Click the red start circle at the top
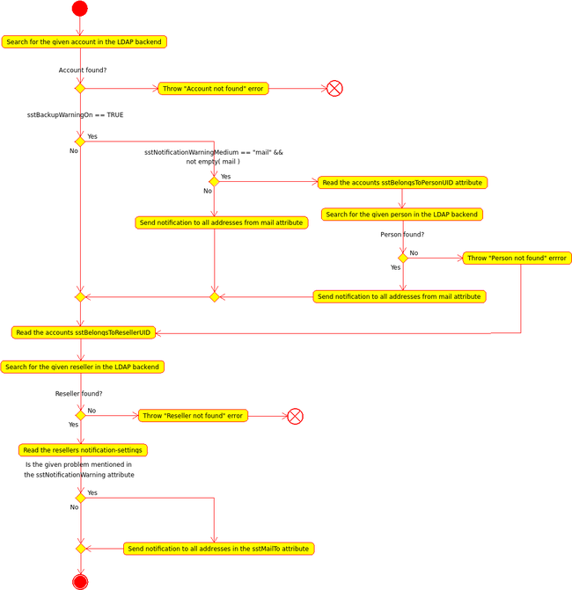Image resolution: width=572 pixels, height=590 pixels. tap(79, 9)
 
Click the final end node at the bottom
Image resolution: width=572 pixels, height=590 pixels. tap(80, 581)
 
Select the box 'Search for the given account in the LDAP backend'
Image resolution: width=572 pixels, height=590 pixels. tap(84, 42)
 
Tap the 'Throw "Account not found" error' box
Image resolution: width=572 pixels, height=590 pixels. tap(213, 89)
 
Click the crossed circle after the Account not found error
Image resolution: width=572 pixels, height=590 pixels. tap(334, 89)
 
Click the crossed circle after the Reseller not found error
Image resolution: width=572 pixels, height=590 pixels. tap(295, 416)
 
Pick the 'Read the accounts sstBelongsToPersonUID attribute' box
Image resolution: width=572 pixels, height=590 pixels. tap(402, 183)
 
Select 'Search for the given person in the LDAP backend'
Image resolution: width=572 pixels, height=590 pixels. tap(402, 215)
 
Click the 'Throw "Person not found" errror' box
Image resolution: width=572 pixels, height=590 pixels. tap(517, 259)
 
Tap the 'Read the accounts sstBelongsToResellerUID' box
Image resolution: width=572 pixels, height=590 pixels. tap(84, 332)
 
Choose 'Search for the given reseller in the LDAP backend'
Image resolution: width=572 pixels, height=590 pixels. tap(83, 367)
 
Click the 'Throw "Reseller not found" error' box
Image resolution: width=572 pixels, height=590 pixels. tap(193, 416)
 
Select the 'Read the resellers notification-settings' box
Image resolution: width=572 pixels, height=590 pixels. tap(83, 450)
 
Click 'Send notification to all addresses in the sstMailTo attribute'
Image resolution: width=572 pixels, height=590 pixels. tap(218, 549)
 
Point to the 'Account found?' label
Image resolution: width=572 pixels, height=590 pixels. tap(83, 70)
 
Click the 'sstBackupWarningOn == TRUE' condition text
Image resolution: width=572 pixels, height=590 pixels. tap(75, 115)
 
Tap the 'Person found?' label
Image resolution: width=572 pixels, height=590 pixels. tap(402, 235)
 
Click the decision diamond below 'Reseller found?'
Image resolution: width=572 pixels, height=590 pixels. tap(80, 415)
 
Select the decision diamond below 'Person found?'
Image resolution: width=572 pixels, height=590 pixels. tap(403, 259)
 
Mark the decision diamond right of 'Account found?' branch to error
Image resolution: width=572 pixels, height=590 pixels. tap(80, 88)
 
